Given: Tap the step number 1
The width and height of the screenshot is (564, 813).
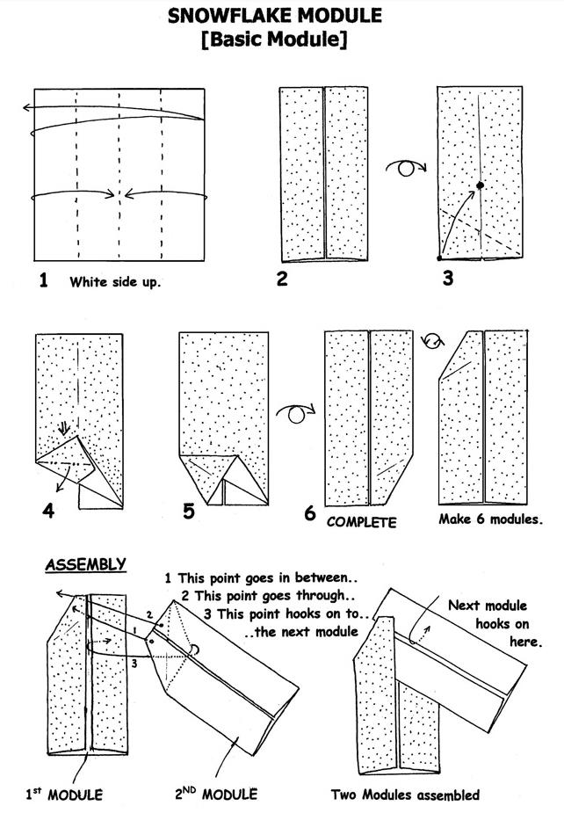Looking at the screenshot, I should pos(42,281).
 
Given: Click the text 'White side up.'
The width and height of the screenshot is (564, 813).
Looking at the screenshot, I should pos(115,283).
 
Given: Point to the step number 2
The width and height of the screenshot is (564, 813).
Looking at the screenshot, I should pos(281,279).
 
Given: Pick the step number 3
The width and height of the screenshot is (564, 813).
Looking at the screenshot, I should pos(448,279).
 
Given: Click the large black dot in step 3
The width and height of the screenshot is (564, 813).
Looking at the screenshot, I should pos(481,185).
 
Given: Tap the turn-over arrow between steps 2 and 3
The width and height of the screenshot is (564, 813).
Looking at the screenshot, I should pos(406,167).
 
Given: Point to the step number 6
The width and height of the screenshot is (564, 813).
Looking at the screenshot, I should pos(310,512).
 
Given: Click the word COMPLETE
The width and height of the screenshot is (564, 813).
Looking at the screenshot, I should pos(361,521).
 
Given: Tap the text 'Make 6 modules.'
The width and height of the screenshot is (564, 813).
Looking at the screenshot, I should pos(489,519).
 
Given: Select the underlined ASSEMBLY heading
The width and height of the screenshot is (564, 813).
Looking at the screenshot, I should pos(85,564).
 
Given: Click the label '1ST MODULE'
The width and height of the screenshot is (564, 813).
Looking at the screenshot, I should pos(63,794).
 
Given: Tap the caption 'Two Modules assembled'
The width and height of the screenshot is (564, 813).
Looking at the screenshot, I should pos(405,795).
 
